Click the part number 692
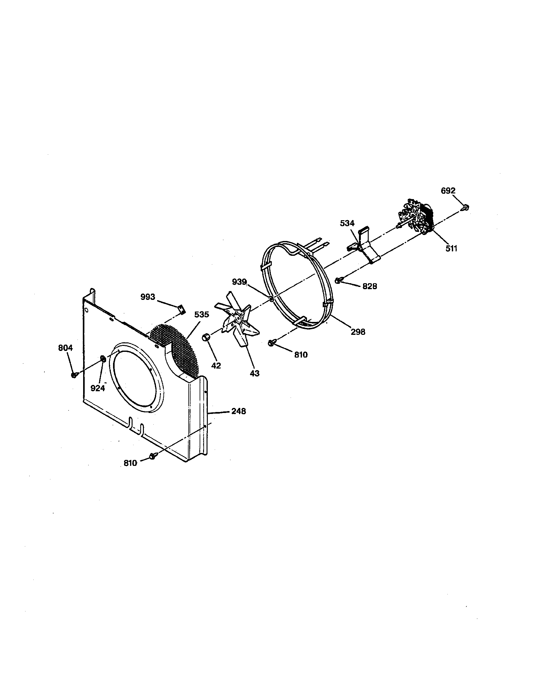pos(448,191)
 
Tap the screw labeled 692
pos(466,208)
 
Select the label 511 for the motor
pos(451,249)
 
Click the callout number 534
pos(347,223)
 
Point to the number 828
pos(370,286)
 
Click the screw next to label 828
pos(339,280)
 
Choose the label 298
pos(358,332)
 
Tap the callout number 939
pos(239,282)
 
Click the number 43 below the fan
pos(254,374)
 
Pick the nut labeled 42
pos(205,337)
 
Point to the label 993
pos(148,297)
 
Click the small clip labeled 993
pos(181,308)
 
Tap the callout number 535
pos(202,314)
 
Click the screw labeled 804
pos(74,375)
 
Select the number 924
pos(98,388)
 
